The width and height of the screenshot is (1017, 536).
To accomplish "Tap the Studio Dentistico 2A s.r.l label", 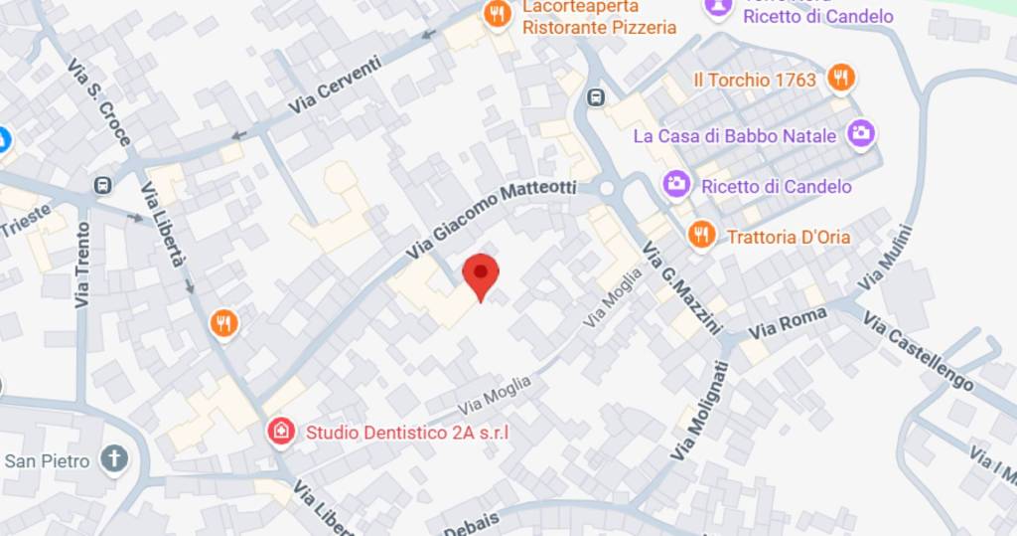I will (407, 433).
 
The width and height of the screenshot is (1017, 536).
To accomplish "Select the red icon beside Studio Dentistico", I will (281, 432).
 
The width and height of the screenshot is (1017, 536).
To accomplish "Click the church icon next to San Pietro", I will (115, 460).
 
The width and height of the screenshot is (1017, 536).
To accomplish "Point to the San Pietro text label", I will (47, 461).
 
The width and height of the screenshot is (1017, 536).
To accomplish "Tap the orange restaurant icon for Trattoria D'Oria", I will (702, 236).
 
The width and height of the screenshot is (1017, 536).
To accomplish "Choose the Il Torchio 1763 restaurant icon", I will (841, 78).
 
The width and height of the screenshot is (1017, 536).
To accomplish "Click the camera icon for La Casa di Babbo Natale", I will (861, 133).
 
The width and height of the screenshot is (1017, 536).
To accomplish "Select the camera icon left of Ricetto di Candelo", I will (677, 185).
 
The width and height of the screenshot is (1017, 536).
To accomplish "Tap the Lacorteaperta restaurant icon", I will (496, 13).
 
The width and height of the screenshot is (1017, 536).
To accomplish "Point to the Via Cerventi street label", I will (335, 85).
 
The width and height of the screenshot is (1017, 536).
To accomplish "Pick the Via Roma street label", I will (788, 323).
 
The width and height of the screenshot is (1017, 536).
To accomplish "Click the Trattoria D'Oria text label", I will (789, 237).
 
